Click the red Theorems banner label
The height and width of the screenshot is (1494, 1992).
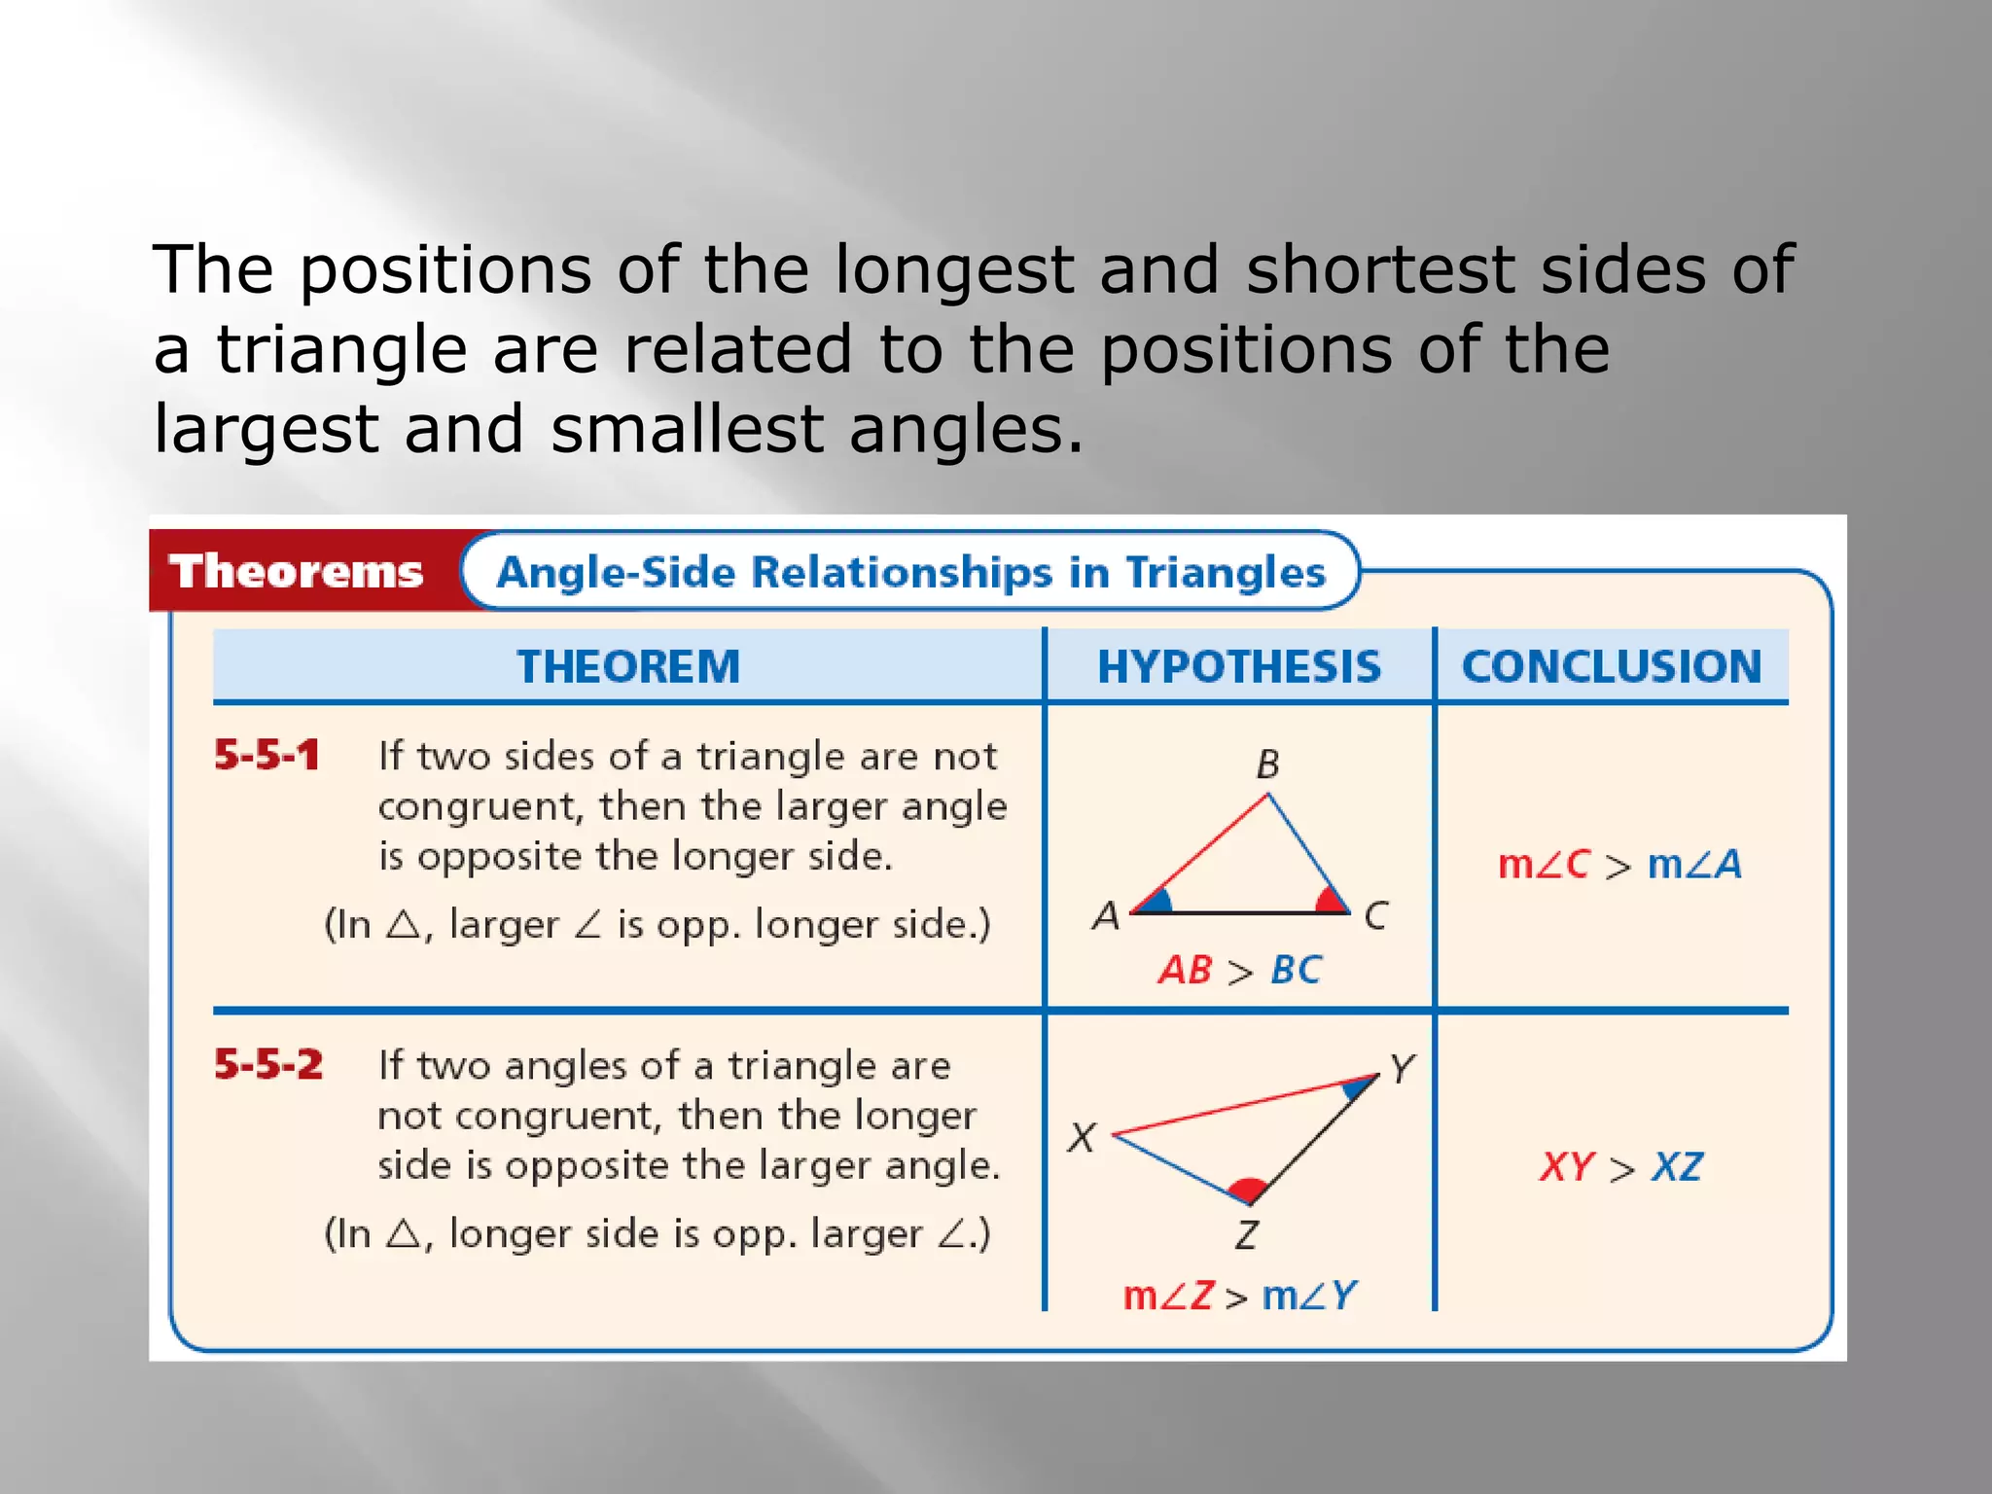pyautogui.click(x=297, y=571)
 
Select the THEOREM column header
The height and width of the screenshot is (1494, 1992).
pyautogui.click(x=628, y=667)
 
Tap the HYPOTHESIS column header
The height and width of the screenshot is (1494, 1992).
pyautogui.click(x=1239, y=667)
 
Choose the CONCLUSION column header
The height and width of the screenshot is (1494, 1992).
pyautogui.click(x=1612, y=667)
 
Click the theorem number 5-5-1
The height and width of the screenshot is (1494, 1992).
pyautogui.click(x=267, y=756)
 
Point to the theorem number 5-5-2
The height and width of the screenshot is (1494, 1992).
pyautogui.click(x=268, y=1065)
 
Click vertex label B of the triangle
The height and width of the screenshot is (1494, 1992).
pyautogui.click(x=1267, y=765)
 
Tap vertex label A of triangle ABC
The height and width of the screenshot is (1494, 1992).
pyautogui.click(x=1106, y=916)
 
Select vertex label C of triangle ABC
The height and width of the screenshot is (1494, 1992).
pyautogui.click(x=1375, y=916)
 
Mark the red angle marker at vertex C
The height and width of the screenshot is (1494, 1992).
pyautogui.click(x=1330, y=902)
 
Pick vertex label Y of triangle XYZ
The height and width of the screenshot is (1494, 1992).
pyautogui.click(x=1402, y=1069)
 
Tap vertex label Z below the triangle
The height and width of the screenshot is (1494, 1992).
pyautogui.click(x=1246, y=1235)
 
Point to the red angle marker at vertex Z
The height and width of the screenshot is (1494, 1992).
pyautogui.click(x=1247, y=1189)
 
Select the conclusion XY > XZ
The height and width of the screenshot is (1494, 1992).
pyautogui.click(x=1620, y=1167)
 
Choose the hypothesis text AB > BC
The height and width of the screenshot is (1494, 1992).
pyautogui.click(x=1239, y=971)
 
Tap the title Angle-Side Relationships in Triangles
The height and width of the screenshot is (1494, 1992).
pyautogui.click(x=910, y=572)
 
